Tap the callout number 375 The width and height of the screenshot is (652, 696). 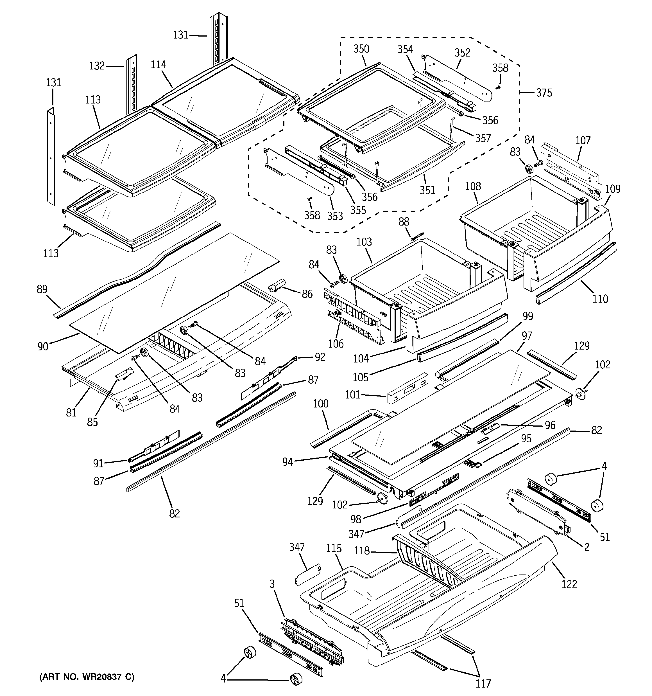[544, 93]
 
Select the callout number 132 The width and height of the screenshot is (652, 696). [97, 66]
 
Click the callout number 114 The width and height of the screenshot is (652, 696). [158, 65]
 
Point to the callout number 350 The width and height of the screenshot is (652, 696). [361, 49]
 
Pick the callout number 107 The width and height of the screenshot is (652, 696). [583, 140]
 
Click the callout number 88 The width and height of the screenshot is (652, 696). [404, 222]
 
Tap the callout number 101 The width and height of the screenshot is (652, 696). [352, 395]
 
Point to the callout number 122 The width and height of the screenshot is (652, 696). [569, 584]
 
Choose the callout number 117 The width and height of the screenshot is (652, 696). [483, 683]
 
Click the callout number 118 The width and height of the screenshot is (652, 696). [361, 551]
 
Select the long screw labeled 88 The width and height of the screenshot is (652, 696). [418, 236]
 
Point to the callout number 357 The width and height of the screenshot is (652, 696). [483, 138]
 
